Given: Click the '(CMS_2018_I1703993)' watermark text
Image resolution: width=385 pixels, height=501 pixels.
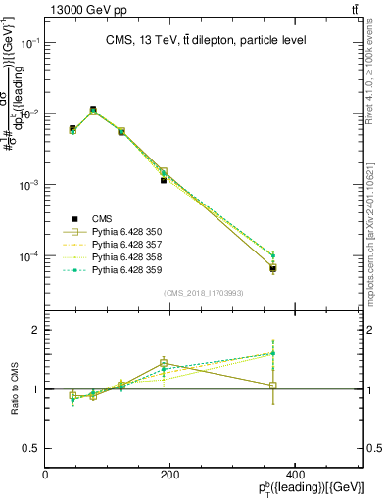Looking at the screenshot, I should pyautogui.click(x=204, y=292).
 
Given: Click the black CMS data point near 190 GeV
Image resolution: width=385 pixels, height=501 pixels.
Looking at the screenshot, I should pyautogui.click(x=164, y=180).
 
